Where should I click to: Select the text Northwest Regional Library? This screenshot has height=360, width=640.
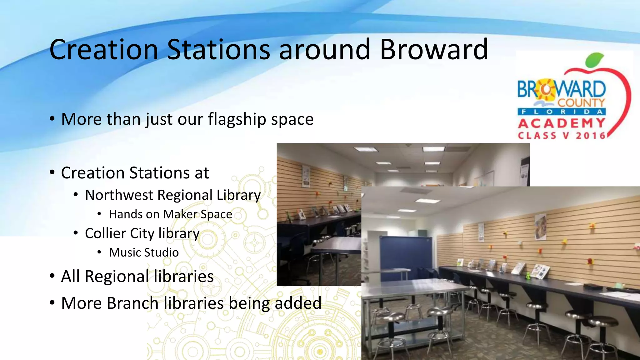point(173,195)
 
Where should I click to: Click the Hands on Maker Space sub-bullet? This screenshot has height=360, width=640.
point(170,214)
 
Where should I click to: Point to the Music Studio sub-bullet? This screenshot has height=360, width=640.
point(144,252)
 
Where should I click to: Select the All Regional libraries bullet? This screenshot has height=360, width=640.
point(137,276)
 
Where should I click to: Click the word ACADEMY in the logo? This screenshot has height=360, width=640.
point(562,123)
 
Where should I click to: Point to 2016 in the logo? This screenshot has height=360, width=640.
point(590,136)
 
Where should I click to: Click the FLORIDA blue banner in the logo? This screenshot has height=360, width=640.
point(562,112)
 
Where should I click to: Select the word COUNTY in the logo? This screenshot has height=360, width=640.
point(581,102)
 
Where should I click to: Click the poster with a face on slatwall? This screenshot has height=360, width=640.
point(540,227)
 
